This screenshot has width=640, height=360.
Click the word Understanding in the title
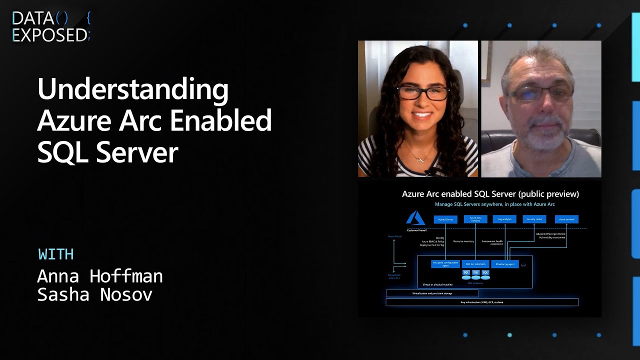click(133, 89)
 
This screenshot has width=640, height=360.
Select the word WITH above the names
click(56, 254)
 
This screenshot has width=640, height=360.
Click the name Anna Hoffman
click(100, 276)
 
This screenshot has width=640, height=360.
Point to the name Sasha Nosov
click(95, 295)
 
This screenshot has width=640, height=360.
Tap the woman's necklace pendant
click(419, 158)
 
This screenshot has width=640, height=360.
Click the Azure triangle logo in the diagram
click(415, 218)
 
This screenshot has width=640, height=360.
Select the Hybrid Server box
click(445, 219)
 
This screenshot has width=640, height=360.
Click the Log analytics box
click(504, 219)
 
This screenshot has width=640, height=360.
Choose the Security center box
click(534, 219)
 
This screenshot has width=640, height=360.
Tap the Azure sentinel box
click(566, 219)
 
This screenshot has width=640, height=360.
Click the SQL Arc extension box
click(475, 263)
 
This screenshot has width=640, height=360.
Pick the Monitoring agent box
click(505, 264)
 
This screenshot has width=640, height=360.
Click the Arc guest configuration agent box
click(445, 264)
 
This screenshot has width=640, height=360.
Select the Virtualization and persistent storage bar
click(432, 293)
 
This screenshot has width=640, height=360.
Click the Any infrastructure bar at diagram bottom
click(482, 302)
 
